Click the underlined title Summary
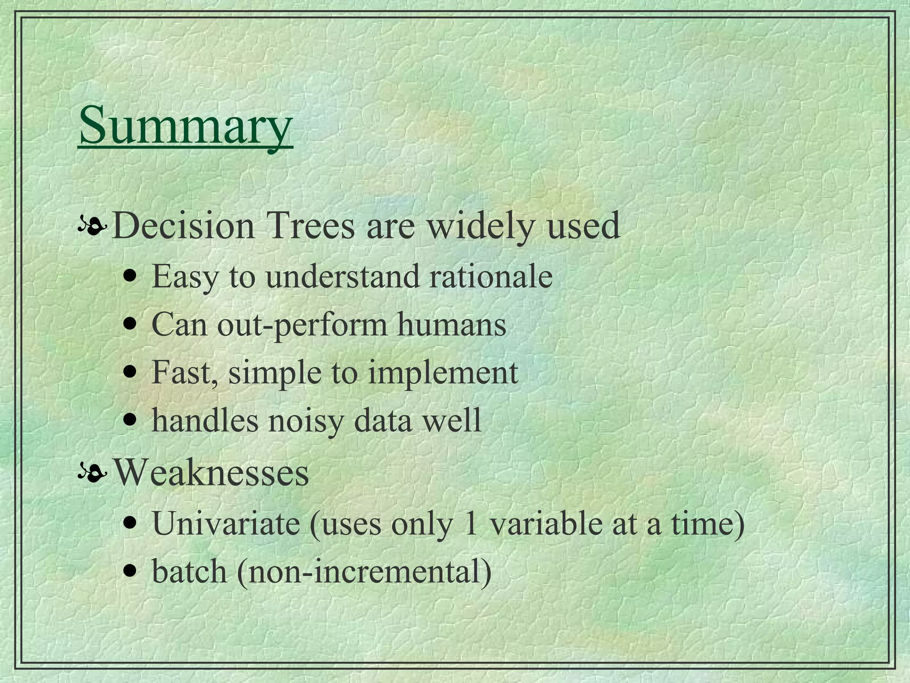coord(186,125)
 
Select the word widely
coord(480,226)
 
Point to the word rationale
coord(491,277)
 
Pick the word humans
coord(451,325)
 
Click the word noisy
coord(306,421)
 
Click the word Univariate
coord(226,524)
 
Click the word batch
coord(189,572)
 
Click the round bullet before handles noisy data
coord(129,419)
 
